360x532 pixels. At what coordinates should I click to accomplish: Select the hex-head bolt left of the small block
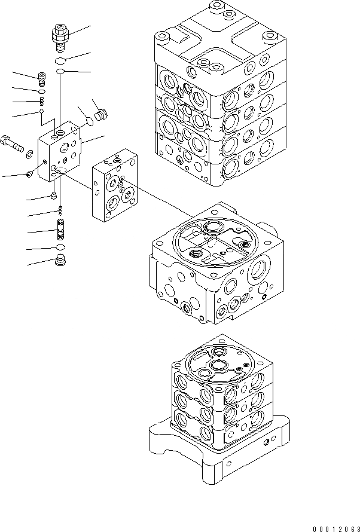click(x=13, y=143)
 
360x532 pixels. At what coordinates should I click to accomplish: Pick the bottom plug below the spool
click(x=60, y=260)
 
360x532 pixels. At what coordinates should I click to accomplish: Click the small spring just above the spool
click(x=60, y=209)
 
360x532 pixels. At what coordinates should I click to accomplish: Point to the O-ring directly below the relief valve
click(x=60, y=61)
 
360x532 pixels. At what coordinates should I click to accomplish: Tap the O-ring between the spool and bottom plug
click(x=60, y=247)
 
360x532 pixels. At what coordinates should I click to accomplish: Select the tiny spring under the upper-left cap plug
click(x=42, y=100)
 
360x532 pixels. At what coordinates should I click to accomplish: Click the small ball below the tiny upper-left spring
click(x=42, y=110)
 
